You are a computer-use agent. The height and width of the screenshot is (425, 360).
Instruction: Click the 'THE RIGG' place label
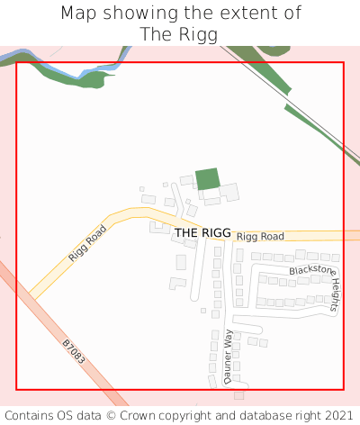[202, 232]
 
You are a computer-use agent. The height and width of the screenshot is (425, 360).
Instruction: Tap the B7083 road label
[74, 351]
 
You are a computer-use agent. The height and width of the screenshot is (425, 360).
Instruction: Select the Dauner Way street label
[228, 357]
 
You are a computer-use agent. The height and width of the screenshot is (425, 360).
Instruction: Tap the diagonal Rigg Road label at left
[87, 243]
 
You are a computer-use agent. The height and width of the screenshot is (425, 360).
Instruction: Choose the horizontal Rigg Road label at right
[260, 236]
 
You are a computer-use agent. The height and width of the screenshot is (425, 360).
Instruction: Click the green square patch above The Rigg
[208, 178]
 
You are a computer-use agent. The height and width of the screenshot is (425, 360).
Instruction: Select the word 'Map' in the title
[78, 14]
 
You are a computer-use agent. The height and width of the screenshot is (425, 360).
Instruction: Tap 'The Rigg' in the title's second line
[180, 34]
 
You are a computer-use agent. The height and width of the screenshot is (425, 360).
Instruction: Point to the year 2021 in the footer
[337, 416]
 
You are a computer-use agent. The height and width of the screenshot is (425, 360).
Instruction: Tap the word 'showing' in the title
[132, 14]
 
